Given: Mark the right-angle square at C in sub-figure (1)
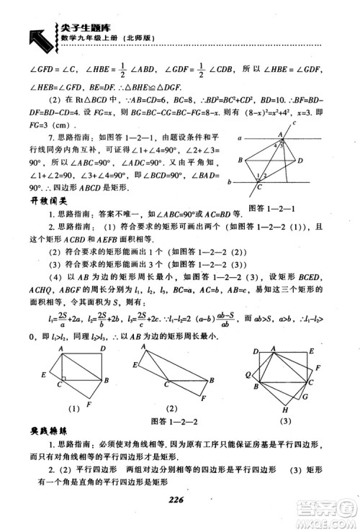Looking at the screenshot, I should [x=66, y=379].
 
